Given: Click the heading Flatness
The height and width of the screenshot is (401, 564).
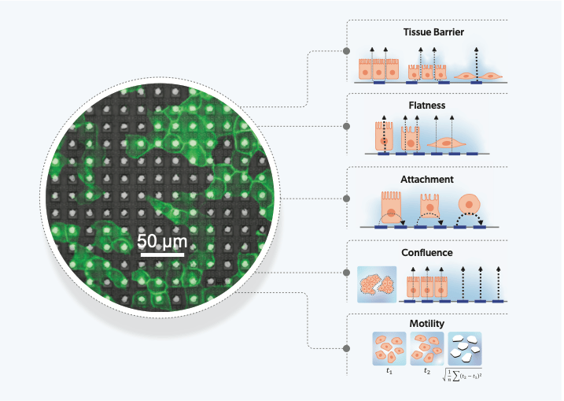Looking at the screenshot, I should tap(428, 104).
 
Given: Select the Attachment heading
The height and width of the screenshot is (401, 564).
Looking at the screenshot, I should tap(427, 180).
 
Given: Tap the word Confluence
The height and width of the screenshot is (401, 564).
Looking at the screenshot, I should tap(427, 253).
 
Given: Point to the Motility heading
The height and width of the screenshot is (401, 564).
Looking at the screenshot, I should tap(427, 323).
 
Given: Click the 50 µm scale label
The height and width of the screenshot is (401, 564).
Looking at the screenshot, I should tap(162, 239).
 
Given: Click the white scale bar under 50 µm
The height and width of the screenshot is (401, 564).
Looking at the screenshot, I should tap(163, 254).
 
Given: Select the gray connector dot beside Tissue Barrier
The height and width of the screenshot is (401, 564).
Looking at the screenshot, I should tap(346, 52).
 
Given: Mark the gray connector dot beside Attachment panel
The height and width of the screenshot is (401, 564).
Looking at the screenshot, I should tap(346, 199).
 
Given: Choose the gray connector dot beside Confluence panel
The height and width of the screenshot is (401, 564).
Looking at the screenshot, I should tap(346, 273).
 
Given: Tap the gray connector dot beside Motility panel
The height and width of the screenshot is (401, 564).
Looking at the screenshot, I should tap(346, 347).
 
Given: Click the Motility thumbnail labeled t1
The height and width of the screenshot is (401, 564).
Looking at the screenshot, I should tap(387, 347).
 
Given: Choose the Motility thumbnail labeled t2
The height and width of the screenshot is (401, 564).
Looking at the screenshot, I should tap(428, 347).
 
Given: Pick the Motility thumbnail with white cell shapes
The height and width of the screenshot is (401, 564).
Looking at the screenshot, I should tap(465, 347).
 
